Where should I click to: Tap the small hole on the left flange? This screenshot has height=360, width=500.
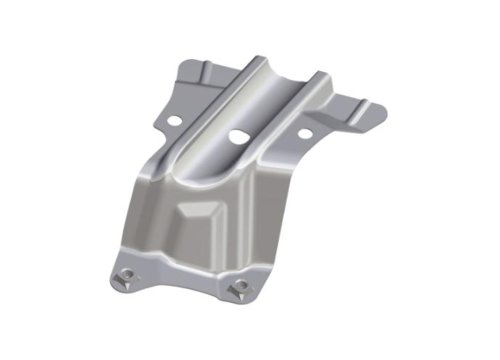(x=175, y=121)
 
